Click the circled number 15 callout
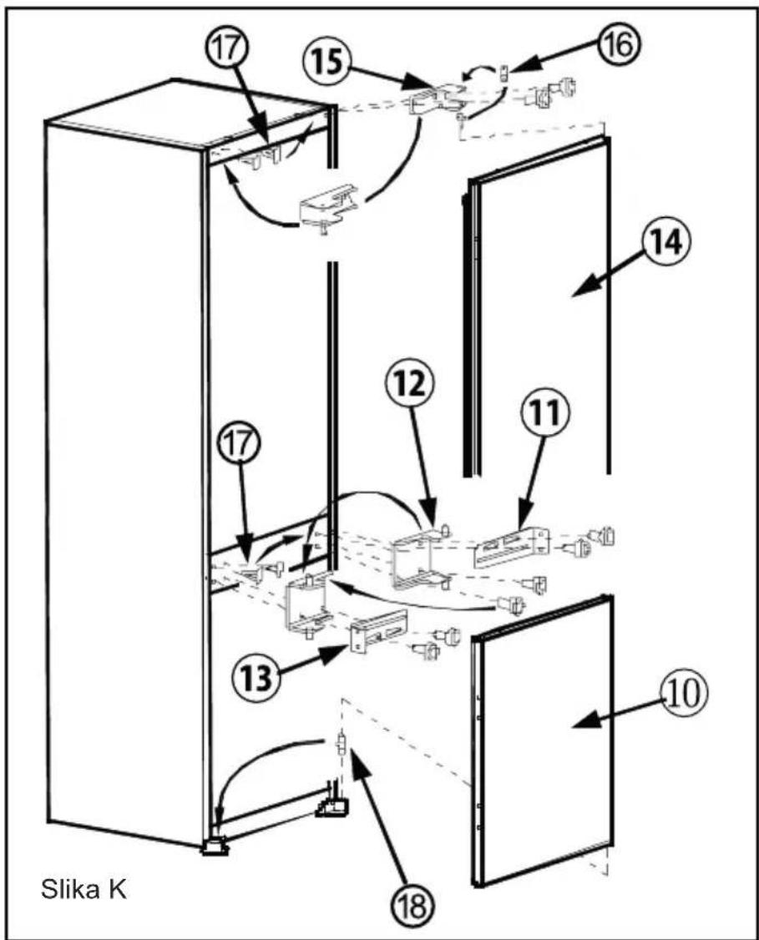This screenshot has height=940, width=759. (328, 62)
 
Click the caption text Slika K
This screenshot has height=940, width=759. (84, 890)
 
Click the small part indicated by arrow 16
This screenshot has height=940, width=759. (505, 73)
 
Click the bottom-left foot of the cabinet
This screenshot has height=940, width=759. (214, 846)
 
